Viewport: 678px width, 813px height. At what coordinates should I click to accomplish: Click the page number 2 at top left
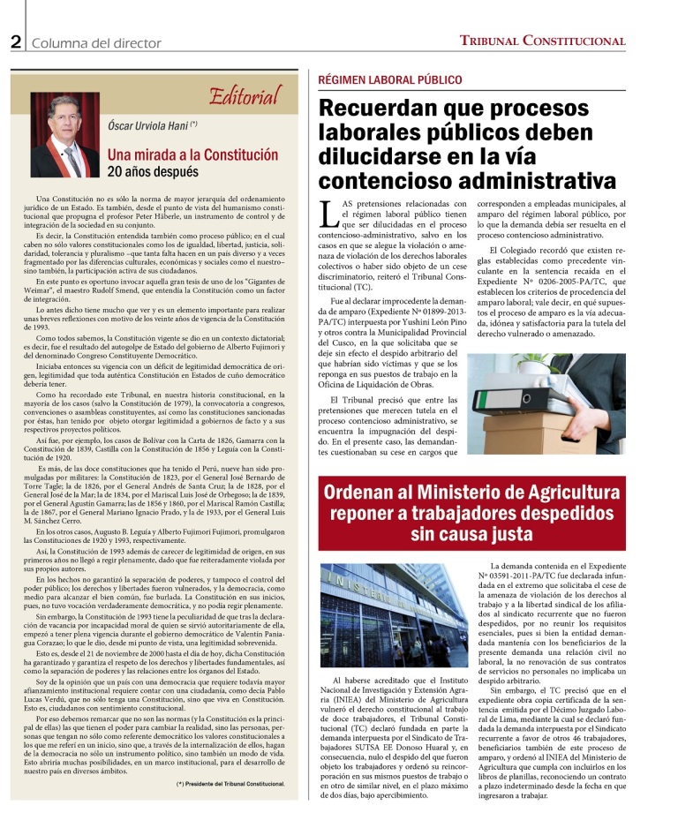coord(16,41)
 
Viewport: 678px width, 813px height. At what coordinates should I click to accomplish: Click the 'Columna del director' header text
coord(96,42)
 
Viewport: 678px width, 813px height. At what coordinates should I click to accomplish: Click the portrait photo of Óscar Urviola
coord(64,133)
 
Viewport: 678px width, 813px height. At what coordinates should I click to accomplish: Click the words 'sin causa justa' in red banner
coord(474,535)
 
